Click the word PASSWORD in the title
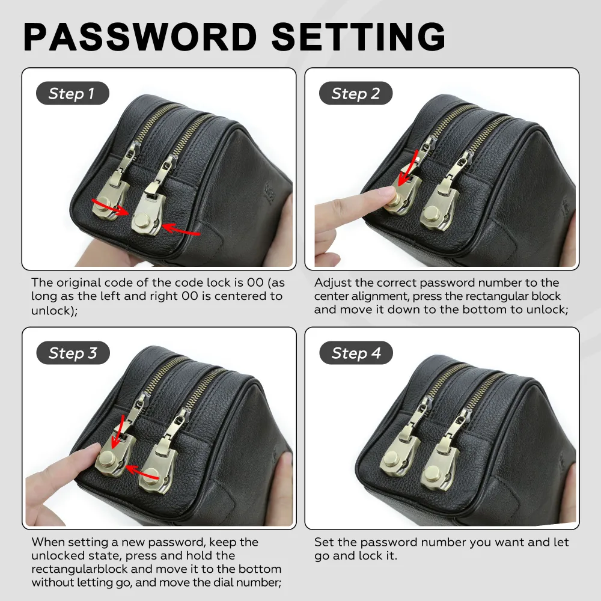click(140, 37)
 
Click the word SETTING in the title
click(359, 37)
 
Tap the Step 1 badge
click(73, 93)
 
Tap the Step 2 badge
click(356, 93)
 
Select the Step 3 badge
click(73, 353)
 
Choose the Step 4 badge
click(356, 353)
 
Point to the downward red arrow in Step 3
click(117, 431)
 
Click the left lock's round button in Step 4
click(392, 459)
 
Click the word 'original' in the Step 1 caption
click(78, 283)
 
